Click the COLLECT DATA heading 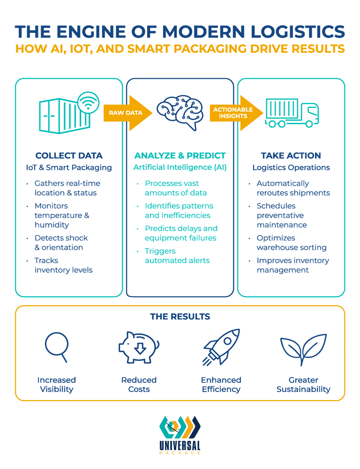click(x=69, y=156)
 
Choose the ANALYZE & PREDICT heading click(x=180, y=156)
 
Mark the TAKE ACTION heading click(x=291, y=156)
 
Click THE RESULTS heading click(x=180, y=317)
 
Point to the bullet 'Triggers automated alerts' click(x=177, y=256)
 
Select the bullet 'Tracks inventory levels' click(x=63, y=265)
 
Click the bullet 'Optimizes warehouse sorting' click(x=291, y=242)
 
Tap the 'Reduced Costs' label click(x=138, y=385)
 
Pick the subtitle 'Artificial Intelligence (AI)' click(x=180, y=167)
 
